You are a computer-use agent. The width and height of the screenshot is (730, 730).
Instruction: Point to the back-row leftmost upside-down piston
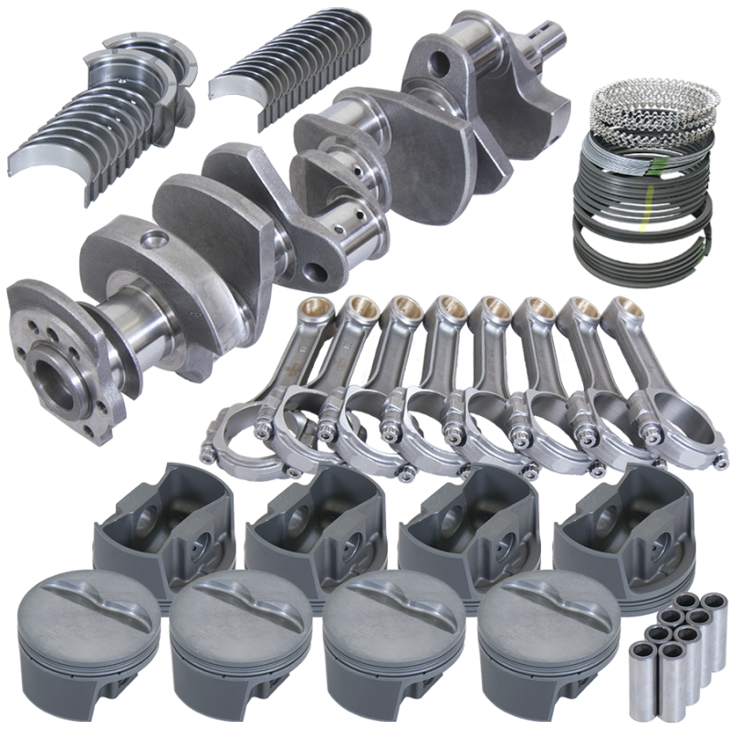click(160, 529)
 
